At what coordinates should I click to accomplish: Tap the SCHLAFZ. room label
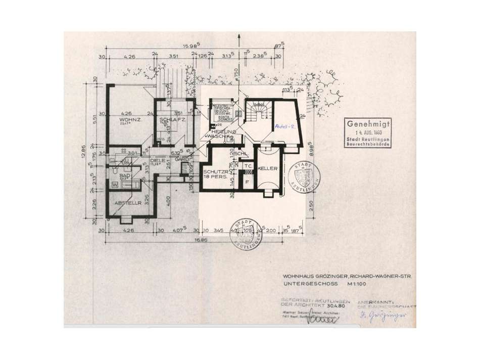169,120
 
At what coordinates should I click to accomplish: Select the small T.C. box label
248,165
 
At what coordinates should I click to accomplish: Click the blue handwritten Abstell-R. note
285,127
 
